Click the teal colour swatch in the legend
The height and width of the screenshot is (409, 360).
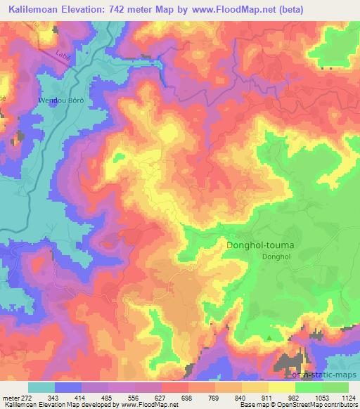(x=41, y=387)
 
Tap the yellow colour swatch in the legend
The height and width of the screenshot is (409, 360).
(x=255, y=387)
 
